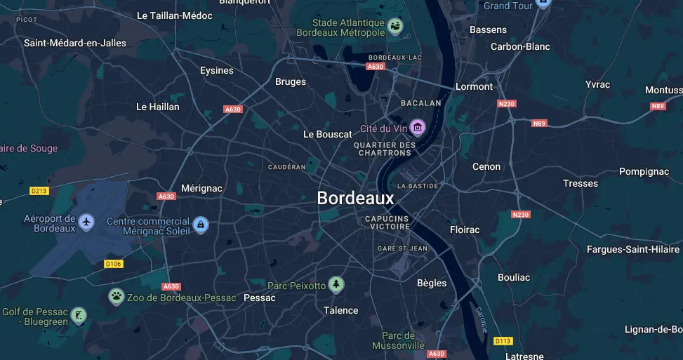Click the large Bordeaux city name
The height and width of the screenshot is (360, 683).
pos(355,199)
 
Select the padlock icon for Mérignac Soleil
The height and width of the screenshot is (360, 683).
pos(201,225)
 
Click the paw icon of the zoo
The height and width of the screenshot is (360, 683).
pos(116,297)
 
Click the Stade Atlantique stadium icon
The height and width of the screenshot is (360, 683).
pos(396,27)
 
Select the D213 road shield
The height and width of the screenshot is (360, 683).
pos(39,191)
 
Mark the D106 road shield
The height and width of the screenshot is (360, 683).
pos(113,264)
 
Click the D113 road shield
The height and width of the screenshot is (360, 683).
pos(503,341)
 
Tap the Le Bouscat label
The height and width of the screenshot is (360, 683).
pos(327,134)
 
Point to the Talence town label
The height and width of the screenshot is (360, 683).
pos(341,310)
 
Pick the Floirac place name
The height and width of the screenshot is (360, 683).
pos(465,229)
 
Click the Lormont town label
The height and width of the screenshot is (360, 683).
pos(475,86)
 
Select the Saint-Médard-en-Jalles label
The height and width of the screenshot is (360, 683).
pos(75,43)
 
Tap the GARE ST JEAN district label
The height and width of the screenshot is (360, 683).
pos(402,248)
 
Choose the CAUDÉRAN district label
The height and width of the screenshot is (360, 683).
pos(287,167)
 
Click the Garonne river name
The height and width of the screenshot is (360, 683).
pos(481,320)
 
